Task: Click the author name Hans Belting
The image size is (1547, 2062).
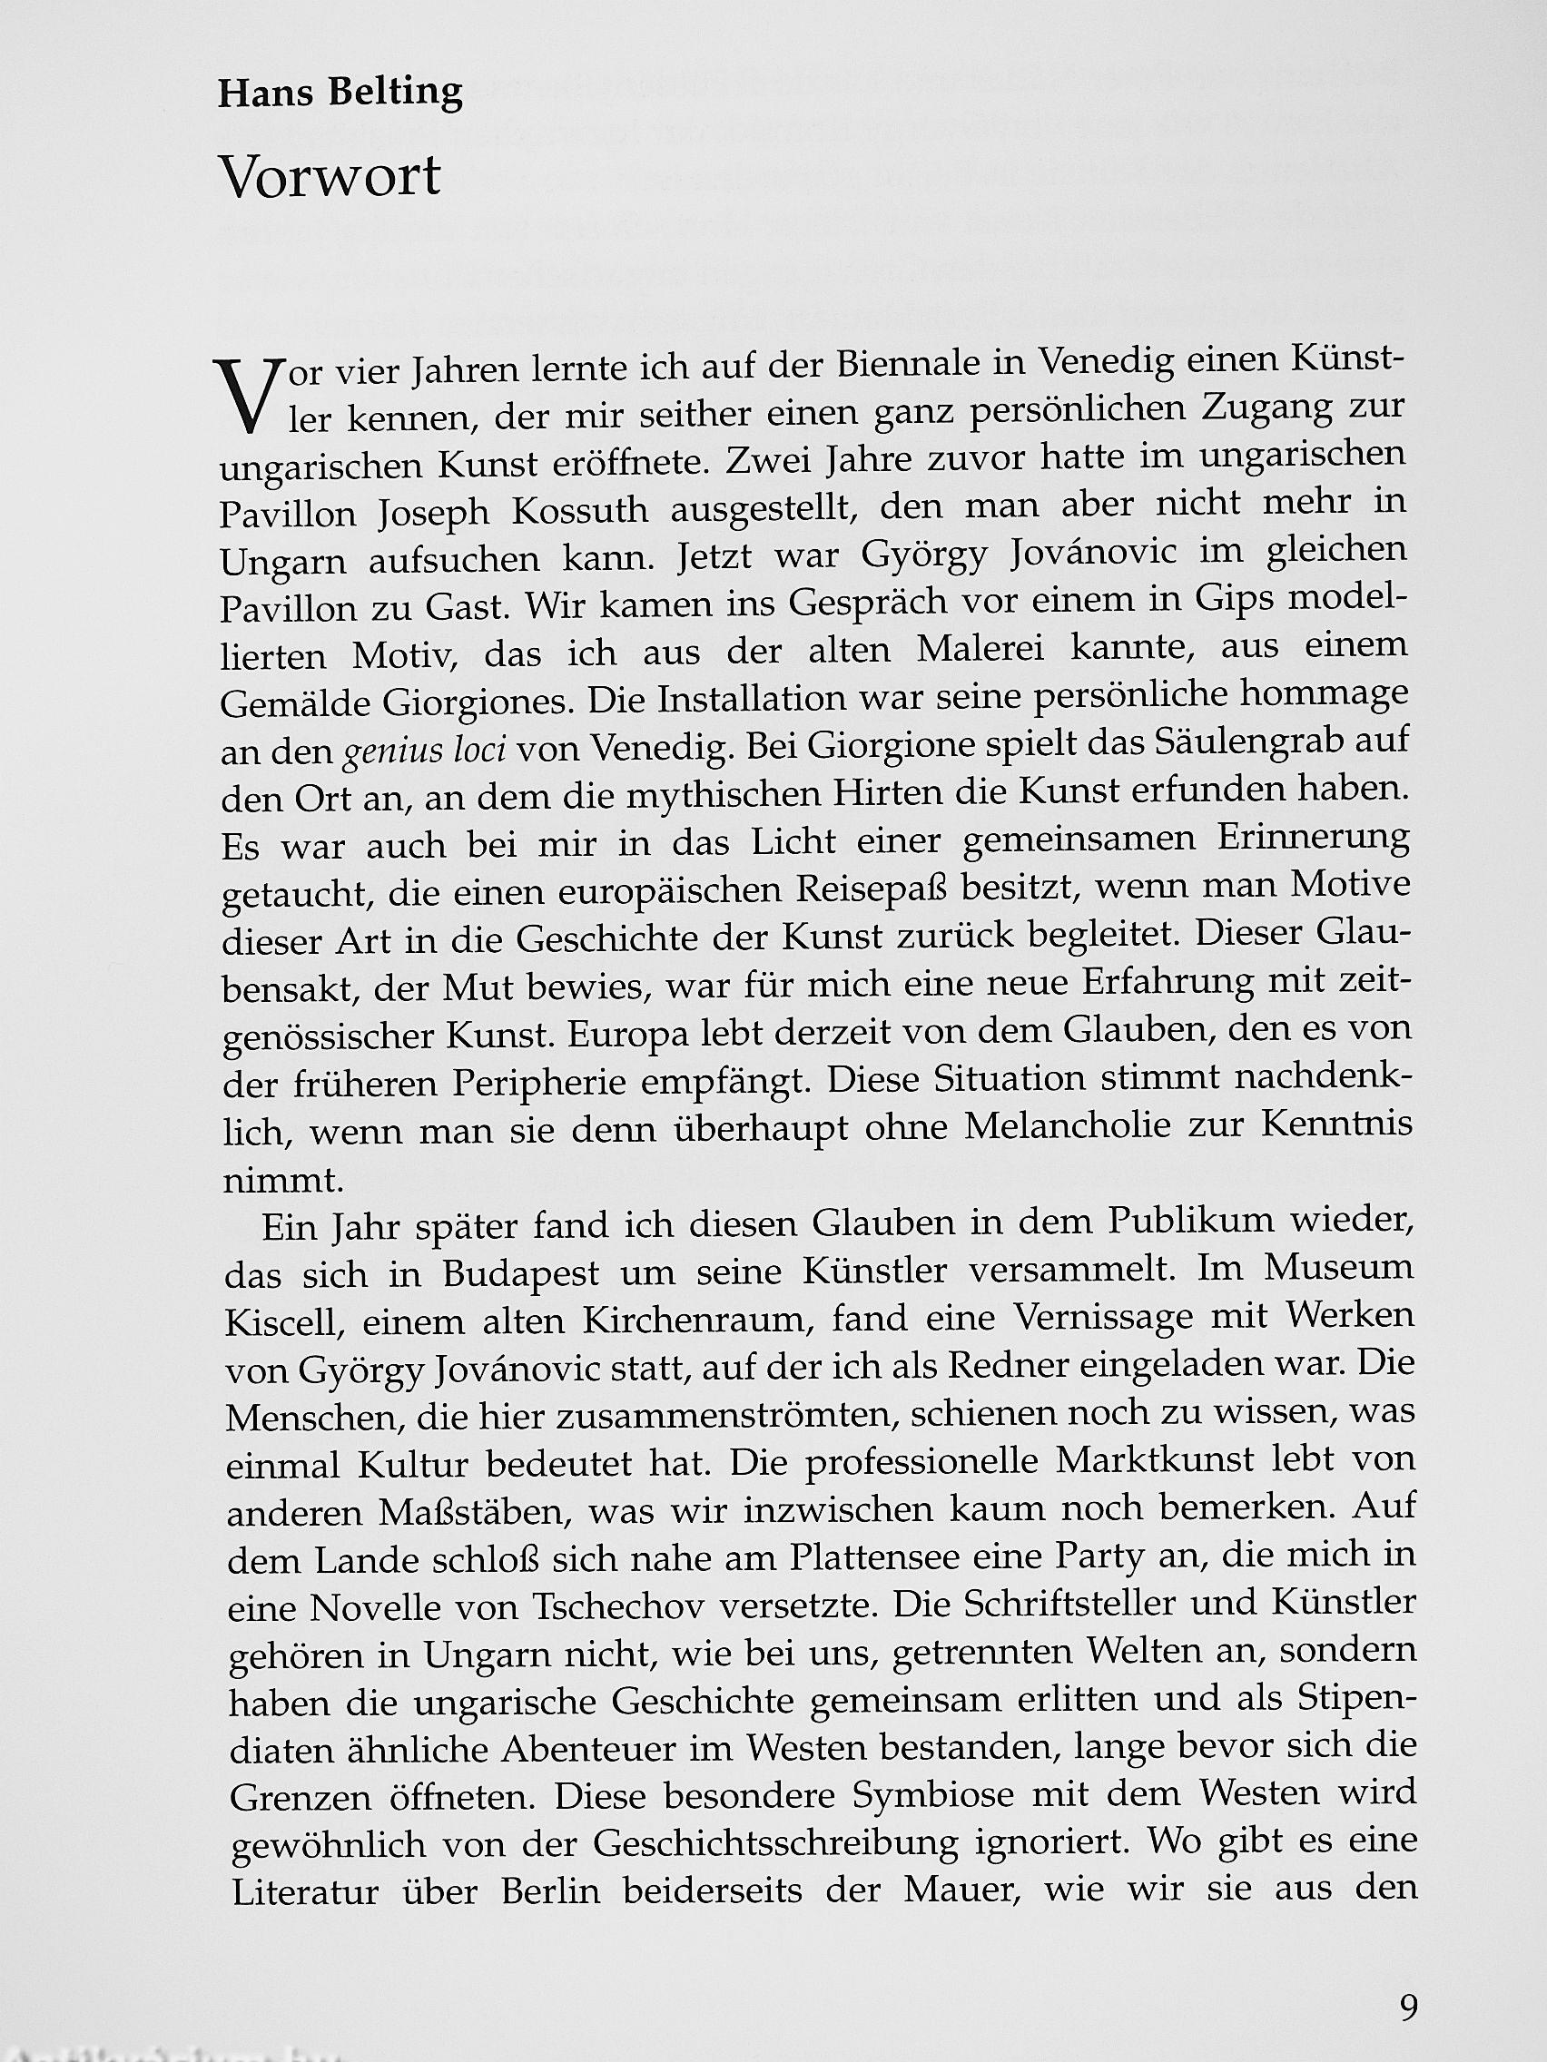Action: pos(340,94)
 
